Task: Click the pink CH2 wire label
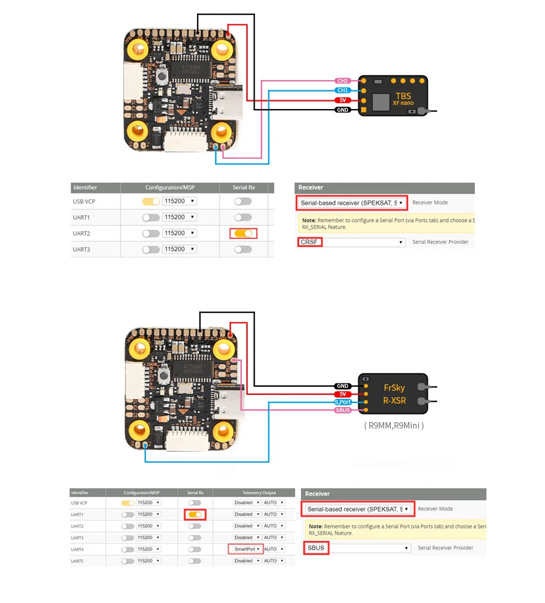(343, 81)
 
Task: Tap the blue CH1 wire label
(343, 90)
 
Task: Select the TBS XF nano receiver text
(403, 99)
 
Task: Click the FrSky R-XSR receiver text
(394, 394)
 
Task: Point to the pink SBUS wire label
(343, 411)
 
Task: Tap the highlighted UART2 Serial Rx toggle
(243, 233)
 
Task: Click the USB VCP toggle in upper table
(151, 201)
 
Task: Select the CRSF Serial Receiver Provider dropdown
(351, 242)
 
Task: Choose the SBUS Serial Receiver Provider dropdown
(358, 548)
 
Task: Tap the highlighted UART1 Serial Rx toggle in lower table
(195, 514)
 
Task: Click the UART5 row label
(77, 561)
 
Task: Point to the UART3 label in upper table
(81, 249)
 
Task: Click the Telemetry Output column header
(254, 492)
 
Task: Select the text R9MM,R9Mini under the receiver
(394, 426)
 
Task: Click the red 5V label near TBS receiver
(343, 100)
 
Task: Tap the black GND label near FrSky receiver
(343, 386)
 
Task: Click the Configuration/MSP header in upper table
(169, 188)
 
